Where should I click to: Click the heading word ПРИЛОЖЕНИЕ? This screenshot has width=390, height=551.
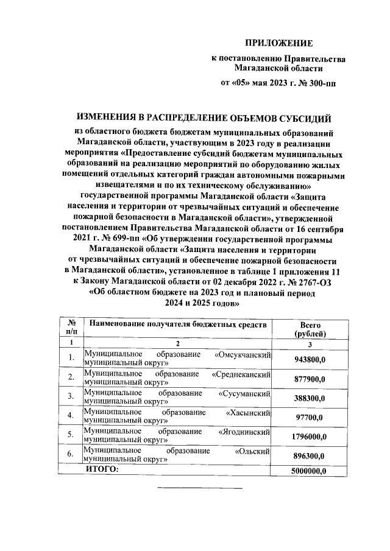pyautogui.click(x=278, y=43)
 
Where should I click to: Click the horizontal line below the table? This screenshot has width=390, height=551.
pyautogui.click(x=200, y=488)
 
